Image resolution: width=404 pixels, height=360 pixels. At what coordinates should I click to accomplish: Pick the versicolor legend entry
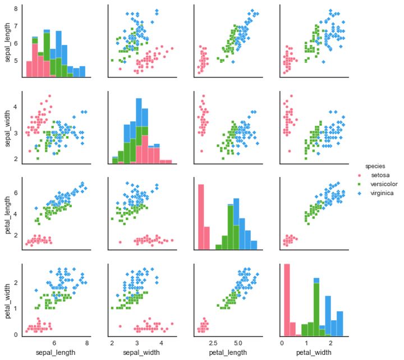[x=384, y=184]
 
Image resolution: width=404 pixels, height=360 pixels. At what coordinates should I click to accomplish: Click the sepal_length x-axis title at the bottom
[x=56, y=352]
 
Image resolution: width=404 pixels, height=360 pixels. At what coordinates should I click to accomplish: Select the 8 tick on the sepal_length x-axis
[x=87, y=342]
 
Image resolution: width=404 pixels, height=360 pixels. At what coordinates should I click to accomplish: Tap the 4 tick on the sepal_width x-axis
[x=161, y=342]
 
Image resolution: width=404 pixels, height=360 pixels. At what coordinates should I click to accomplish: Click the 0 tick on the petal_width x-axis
[x=282, y=342]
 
